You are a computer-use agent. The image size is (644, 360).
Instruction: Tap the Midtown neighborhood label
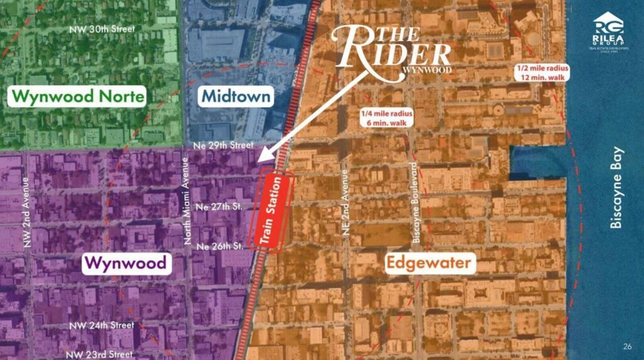[236, 96]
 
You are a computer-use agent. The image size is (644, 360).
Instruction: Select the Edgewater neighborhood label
[428, 262]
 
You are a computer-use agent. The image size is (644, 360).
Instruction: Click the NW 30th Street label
[103, 29]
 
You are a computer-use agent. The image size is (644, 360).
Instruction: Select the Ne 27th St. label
[219, 206]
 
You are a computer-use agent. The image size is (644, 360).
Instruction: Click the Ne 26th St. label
[219, 246]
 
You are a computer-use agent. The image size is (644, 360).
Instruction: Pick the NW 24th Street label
[103, 325]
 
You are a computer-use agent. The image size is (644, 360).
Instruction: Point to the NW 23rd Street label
[101, 354]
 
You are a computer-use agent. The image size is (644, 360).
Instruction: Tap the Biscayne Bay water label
[616, 188]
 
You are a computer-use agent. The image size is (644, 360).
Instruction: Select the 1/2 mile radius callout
[541, 72]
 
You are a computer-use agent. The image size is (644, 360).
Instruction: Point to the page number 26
[627, 346]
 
